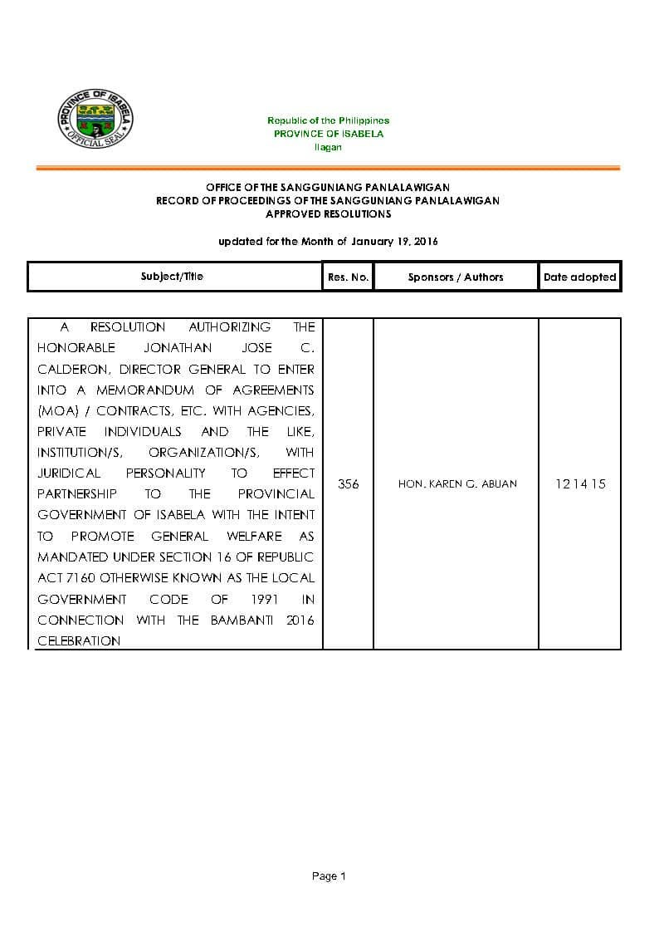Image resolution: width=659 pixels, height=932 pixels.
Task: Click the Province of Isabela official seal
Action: click(95, 121)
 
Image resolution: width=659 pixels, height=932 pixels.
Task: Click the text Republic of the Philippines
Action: click(328, 121)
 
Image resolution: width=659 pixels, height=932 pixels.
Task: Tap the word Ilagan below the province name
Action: click(328, 147)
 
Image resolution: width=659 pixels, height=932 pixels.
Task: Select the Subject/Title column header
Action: click(172, 277)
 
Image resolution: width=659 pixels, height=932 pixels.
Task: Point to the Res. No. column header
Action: click(348, 277)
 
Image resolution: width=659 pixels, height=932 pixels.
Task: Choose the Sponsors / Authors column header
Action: click(456, 277)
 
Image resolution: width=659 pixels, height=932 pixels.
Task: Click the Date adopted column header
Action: click(579, 277)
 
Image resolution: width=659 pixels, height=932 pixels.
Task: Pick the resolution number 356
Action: click(349, 483)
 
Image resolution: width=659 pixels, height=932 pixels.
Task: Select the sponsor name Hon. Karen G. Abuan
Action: click(457, 483)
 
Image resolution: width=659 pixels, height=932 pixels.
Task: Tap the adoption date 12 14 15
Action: click(580, 483)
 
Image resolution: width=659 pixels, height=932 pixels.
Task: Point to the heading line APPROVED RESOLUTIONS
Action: click(328, 213)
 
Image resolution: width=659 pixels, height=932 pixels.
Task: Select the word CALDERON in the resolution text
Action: click(68, 369)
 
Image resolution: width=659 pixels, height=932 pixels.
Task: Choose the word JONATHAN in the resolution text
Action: click(177, 348)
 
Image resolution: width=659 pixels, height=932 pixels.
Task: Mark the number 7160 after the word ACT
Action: click(81, 578)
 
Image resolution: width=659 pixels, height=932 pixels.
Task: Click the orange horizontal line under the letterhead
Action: click(328, 169)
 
